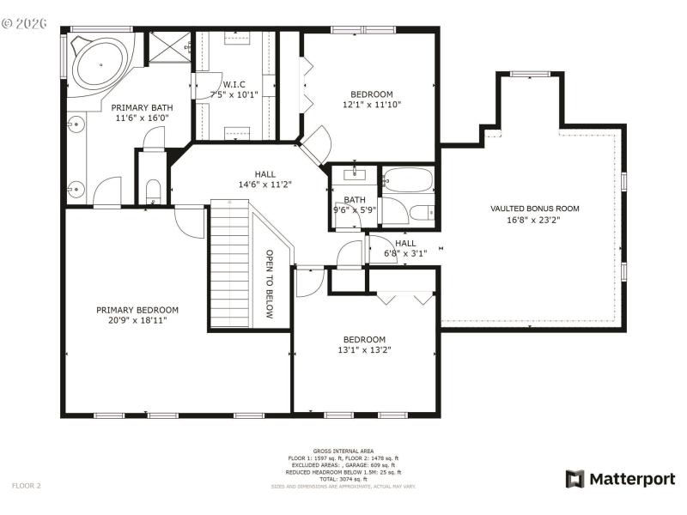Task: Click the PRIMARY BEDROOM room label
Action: click(137, 310)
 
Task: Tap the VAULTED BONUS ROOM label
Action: click(534, 209)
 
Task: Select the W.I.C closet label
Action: click(234, 84)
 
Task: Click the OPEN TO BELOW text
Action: click(269, 284)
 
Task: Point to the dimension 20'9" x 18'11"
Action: click(137, 320)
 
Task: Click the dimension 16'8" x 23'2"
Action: click(534, 219)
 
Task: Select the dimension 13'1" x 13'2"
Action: click(365, 349)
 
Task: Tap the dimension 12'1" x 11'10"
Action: click(371, 104)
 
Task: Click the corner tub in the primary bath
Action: click(96, 64)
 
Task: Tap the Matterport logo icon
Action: click(574, 478)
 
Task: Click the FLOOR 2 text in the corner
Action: click(26, 485)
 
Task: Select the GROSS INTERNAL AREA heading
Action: click(343, 451)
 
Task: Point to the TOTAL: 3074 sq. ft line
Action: click(343, 479)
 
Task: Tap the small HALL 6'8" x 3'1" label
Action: click(405, 248)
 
